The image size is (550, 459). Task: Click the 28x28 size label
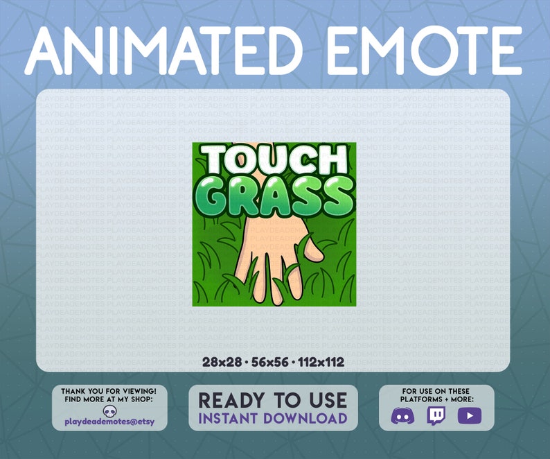coord(219,362)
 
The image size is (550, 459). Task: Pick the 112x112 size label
coord(320,362)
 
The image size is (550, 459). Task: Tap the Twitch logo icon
coord(436,415)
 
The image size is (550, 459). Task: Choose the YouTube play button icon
coord(469,415)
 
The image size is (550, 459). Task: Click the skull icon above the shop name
coord(109,411)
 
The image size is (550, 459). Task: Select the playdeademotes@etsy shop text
coord(109,422)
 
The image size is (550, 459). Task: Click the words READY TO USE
coord(273,400)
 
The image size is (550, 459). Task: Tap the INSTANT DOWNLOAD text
coord(273,418)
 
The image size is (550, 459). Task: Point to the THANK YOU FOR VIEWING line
coord(109,392)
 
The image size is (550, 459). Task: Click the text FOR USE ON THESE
coord(436,392)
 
